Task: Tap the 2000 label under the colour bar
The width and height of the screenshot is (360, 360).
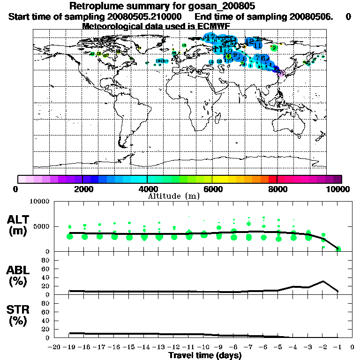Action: pos(82,189)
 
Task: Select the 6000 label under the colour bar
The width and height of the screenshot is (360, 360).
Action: pos(212,189)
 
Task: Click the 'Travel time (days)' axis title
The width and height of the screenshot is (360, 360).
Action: pos(205,355)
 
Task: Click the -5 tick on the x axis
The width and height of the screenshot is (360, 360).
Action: pos(278,347)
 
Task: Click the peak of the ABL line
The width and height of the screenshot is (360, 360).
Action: pos(323,281)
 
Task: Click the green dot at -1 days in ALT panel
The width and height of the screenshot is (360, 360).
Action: pos(338,248)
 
